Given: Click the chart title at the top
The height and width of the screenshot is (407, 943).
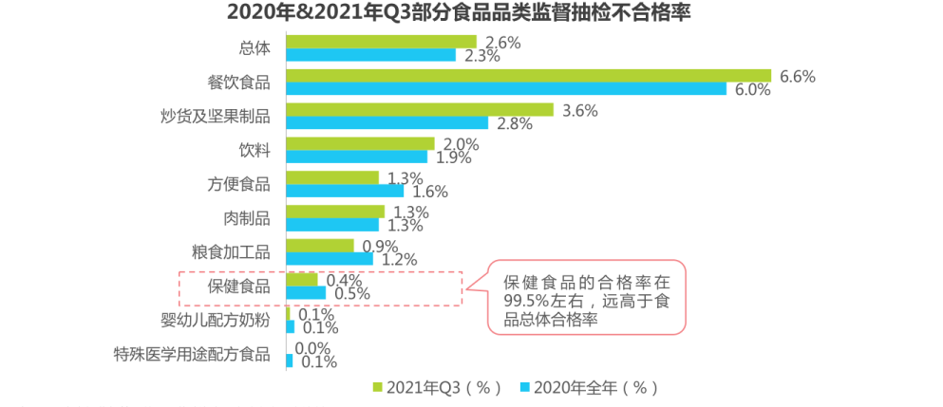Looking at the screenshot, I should [x=471, y=12].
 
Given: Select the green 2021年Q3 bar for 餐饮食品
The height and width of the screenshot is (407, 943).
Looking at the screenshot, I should [x=528, y=76].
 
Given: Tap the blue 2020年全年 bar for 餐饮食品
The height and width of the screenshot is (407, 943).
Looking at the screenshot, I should [x=506, y=89].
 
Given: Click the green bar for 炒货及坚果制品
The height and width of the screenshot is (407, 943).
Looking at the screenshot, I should [x=420, y=110].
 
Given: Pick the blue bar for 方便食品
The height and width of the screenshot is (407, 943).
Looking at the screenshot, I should [x=345, y=191].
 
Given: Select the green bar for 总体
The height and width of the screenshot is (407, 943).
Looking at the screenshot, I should [x=381, y=42].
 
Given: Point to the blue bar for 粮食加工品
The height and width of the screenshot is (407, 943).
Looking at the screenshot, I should [x=330, y=259].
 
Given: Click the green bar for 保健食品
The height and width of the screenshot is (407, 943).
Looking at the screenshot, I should [x=302, y=280].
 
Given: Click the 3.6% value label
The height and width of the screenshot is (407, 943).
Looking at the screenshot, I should [x=579, y=111].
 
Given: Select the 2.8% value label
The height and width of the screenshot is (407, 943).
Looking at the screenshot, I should [x=514, y=124].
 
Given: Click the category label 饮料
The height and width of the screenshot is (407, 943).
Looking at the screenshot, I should [x=255, y=151].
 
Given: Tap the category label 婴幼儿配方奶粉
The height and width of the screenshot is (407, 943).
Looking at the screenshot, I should [x=215, y=321].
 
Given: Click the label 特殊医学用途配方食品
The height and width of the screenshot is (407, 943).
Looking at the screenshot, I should [x=191, y=356].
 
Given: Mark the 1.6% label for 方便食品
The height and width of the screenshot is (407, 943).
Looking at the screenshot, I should [x=429, y=192].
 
